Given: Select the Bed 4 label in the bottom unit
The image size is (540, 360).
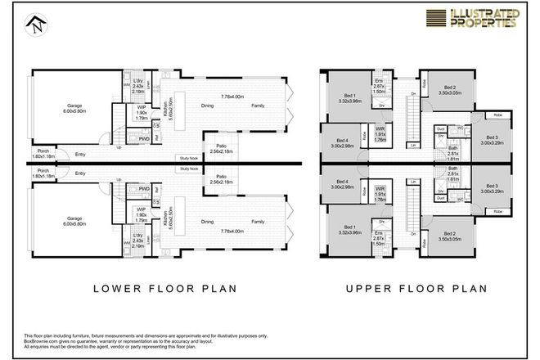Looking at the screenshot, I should [x=342, y=183].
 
